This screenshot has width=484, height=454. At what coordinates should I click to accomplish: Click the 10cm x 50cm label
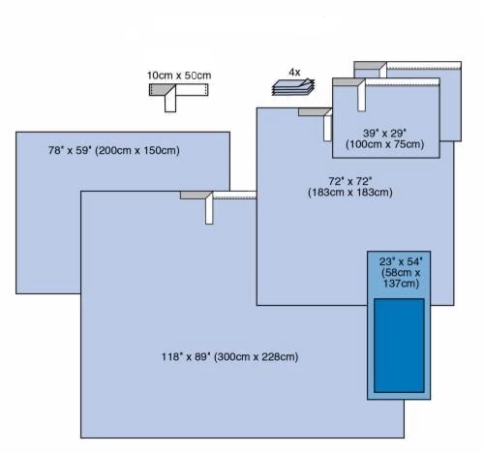click(x=179, y=76)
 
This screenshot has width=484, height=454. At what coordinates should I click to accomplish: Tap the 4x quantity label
click(x=294, y=73)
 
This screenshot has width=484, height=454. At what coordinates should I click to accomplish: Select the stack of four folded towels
click(x=293, y=87)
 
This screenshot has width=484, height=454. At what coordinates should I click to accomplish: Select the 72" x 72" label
click(x=350, y=181)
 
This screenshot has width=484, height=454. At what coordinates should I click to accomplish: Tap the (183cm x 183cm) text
click(x=350, y=193)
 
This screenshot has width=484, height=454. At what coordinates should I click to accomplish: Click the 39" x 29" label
click(x=384, y=133)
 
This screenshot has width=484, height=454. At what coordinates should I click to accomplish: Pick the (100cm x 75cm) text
click(x=384, y=144)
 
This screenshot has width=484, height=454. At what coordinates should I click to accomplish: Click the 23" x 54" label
click(x=401, y=261)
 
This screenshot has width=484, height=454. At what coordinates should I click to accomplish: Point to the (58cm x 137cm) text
click(x=401, y=278)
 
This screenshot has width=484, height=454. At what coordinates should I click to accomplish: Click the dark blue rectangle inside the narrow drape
click(x=399, y=346)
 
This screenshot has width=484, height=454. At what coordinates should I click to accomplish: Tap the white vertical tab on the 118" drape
click(x=209, y=211)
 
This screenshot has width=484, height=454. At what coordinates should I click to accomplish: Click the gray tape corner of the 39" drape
click(x=348, y=81)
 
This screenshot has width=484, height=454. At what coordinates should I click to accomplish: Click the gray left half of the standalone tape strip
click(x=162, y=90)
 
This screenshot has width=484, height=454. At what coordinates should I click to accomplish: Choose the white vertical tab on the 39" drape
click(x=361, y=98)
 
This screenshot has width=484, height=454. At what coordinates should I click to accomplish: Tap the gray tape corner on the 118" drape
click(x=196, y=196)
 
